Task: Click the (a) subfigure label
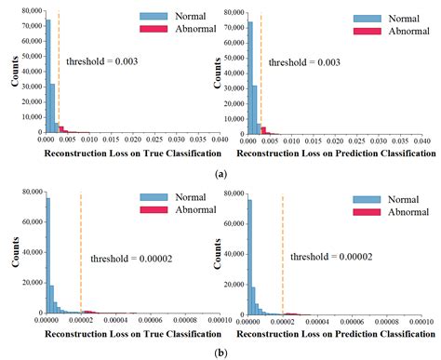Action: coord(220,174)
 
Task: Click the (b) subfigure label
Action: coord(220,353)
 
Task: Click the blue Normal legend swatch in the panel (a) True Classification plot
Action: coord(152,17)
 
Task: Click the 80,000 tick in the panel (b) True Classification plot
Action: coord(26,191)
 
